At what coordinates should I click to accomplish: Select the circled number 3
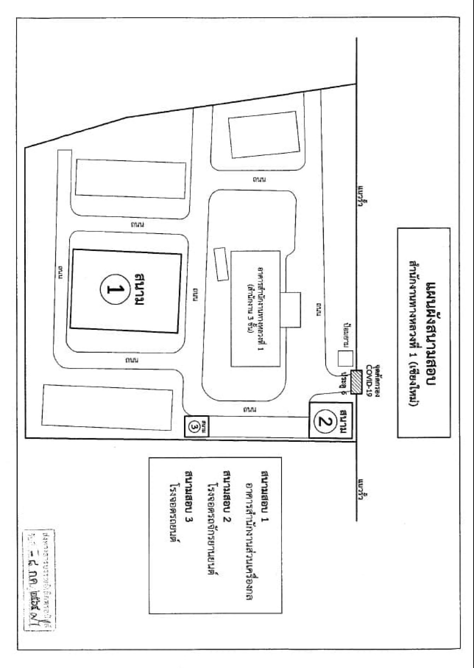pos(195,427)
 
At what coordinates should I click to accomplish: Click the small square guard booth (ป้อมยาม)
pos(345,358)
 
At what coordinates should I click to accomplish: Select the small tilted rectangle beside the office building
pos(221,264)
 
